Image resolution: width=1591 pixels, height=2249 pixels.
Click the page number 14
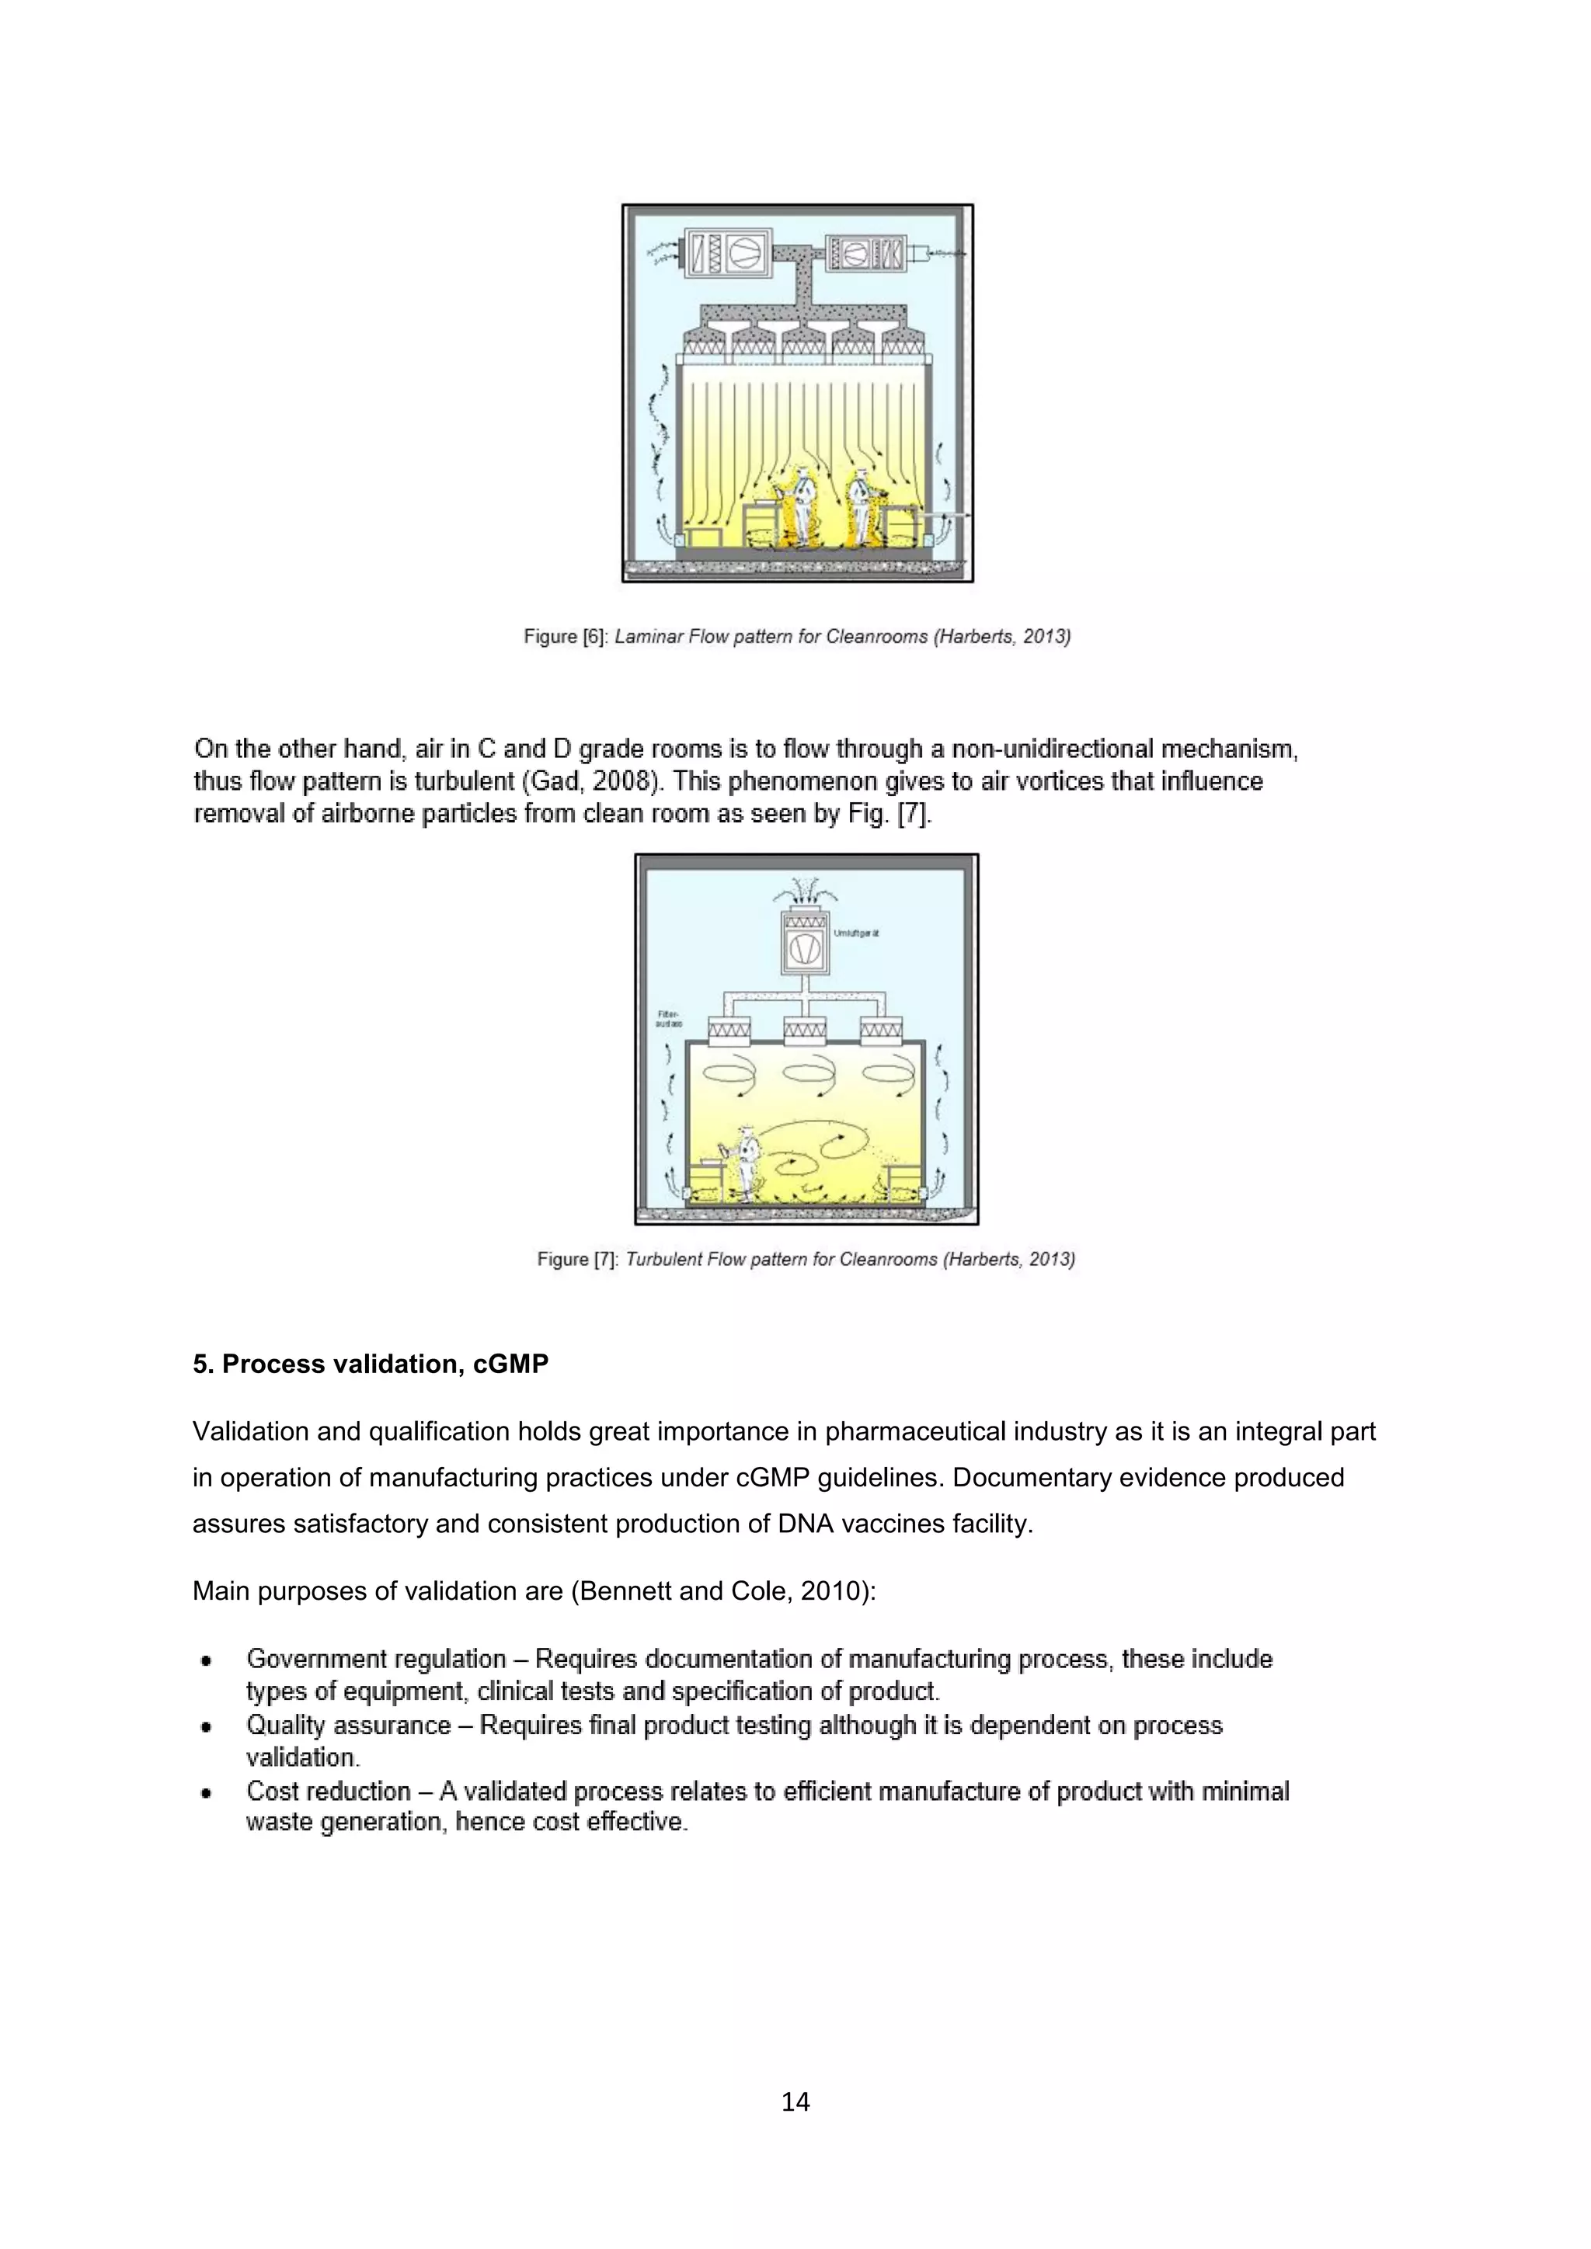tap(795, 2102)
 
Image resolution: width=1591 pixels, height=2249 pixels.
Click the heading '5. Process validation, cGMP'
tap(371, 1364)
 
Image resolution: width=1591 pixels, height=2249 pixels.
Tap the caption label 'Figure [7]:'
tap(577, 1260)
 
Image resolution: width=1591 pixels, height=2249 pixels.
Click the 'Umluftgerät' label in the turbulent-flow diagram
tap(856, 933)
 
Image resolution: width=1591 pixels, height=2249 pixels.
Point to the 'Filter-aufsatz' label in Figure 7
tap(668, 1019)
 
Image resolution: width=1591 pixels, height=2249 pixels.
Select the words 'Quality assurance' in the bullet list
tap(348, 1725)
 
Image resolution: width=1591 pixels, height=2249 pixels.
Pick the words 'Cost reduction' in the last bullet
tap(328, 1791)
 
